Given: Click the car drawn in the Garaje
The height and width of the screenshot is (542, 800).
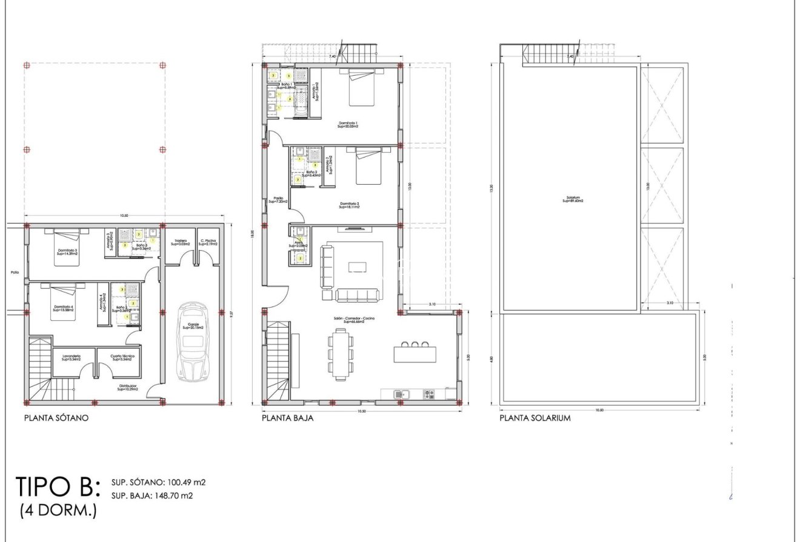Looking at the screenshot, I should click(x=192, y=342).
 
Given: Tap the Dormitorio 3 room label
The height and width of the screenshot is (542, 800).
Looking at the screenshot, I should click(x=68, y=252).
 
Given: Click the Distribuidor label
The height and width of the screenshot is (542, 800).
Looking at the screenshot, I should click(x=127, y=387).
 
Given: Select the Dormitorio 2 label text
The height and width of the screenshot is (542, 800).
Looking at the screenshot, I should click(x=350, y=205).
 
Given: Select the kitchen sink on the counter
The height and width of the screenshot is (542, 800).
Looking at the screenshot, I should click(x=399, y=394).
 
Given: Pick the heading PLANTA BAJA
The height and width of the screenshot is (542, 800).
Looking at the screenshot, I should click(x=287, y=418).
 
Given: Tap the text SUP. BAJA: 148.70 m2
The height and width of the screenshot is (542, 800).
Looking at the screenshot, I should click(x=152, y=495).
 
